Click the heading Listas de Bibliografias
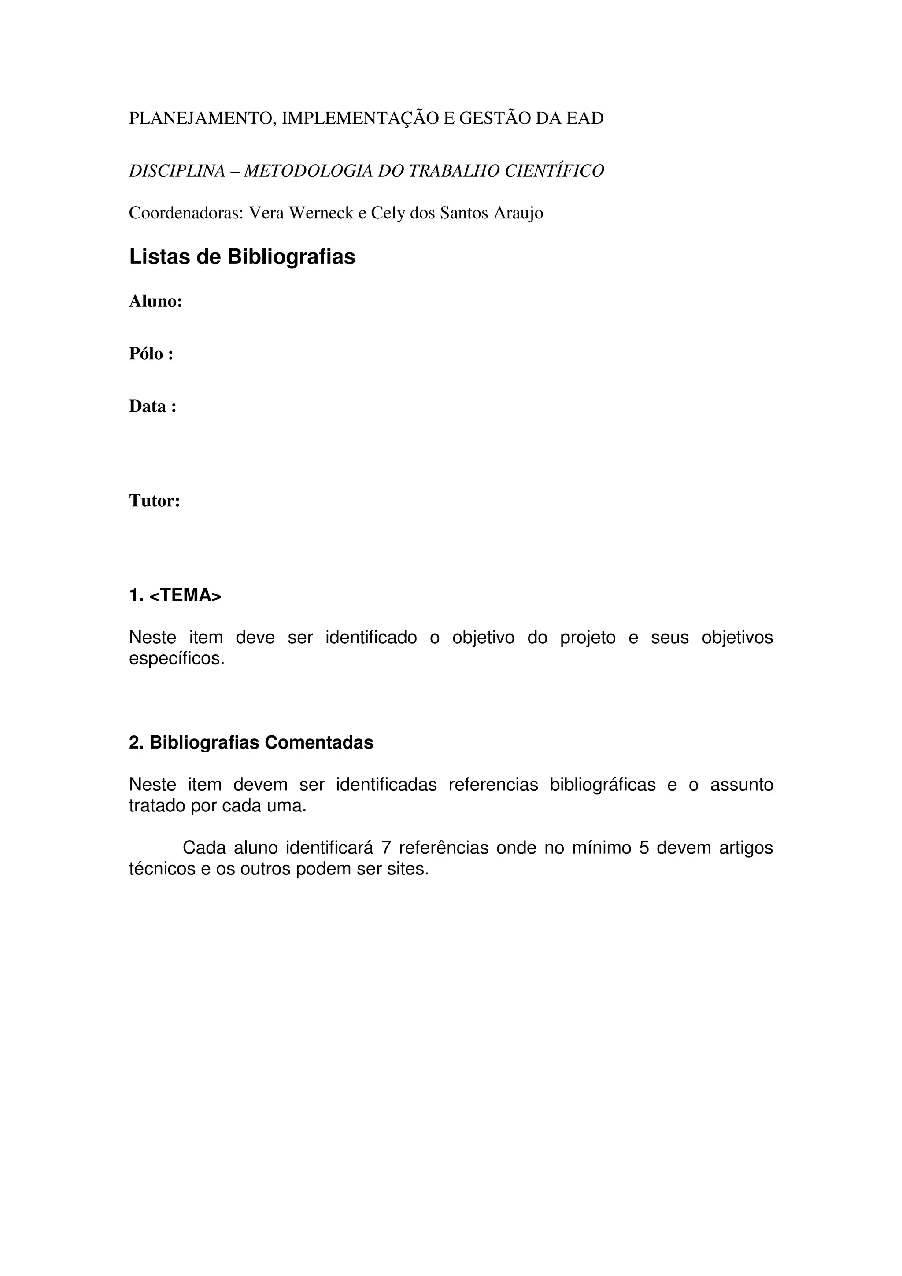242,257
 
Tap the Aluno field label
155,302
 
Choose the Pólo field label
151,354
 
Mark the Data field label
153,407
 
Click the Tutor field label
155,501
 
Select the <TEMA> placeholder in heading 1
185,596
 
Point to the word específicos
177,659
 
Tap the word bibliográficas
603,785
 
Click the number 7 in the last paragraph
386,848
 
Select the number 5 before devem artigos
644,848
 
